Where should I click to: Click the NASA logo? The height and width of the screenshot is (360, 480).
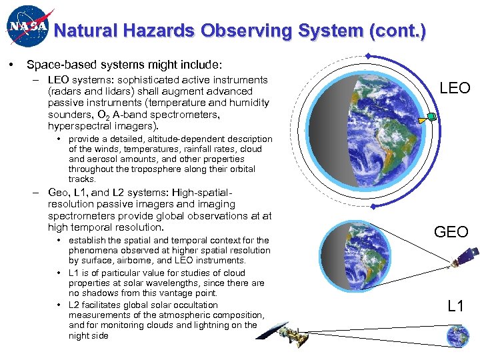pos(27,27)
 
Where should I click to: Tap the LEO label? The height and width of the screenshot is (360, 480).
pos(455,88)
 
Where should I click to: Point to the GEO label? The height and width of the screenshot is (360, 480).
pos(451,231)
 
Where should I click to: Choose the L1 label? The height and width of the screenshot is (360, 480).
pos(456,307)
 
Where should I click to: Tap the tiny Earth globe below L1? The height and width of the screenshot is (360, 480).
pos(458,337)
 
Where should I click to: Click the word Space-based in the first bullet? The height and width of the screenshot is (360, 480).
pos(57,65)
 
